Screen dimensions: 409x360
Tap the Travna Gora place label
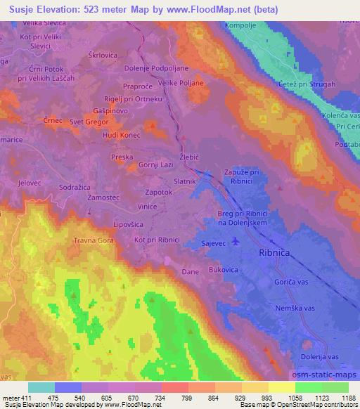[x=93, y=240]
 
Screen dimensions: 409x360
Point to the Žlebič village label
[x=185, y=160]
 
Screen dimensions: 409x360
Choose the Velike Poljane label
[x=181, y=83]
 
